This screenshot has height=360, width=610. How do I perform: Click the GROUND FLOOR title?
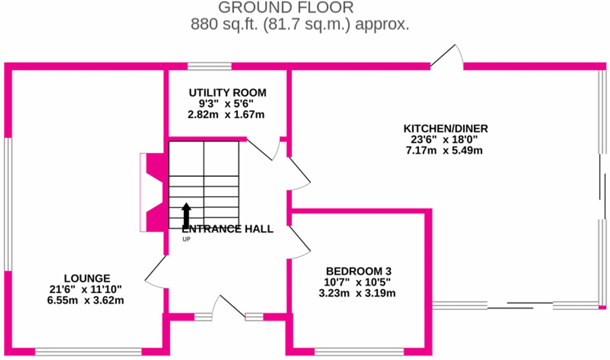[x=286, y=8]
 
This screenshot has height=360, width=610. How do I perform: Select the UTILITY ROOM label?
[x=227, y=93]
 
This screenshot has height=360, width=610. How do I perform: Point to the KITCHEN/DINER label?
[x=445, y=129]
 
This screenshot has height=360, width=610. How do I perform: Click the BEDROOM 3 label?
[x=359, y=271]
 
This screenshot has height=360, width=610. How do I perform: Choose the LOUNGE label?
[x=87, y=278]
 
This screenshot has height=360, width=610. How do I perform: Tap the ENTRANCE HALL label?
[x=227, y=229]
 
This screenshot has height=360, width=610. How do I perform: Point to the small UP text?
[x=186, y=239]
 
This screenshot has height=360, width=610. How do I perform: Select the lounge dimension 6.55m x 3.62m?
[x=86, y=301]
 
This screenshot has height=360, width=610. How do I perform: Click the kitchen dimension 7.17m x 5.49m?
[x=444, y=150]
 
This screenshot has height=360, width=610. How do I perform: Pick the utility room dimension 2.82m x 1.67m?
[x=226, y=115]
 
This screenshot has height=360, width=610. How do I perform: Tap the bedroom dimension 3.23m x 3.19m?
[x=357, y=293]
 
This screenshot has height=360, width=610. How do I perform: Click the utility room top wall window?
[x=209, y=66]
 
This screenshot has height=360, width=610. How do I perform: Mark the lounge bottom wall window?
[x=88, y=352]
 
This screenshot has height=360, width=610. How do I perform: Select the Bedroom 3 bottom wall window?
[x=359, y=352]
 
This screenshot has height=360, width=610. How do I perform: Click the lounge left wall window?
[x=8, y=204]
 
